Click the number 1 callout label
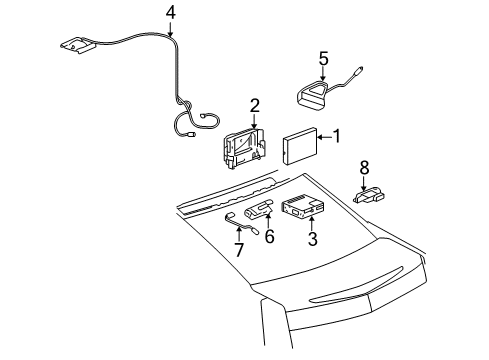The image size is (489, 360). tap(337, 136)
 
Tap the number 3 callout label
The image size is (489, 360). tap(313, 267)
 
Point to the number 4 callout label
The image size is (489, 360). tap(170, 13)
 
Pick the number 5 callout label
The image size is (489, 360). tap(323, 58)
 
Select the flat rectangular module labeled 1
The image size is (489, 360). tap(300, 146)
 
